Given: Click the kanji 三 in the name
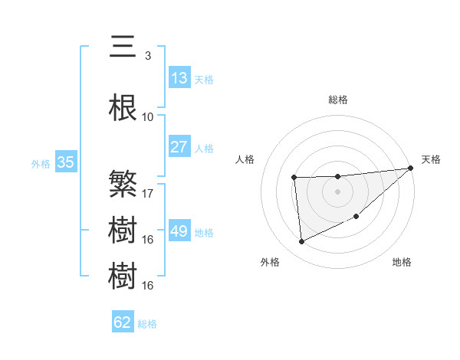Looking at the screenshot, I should point(123,47).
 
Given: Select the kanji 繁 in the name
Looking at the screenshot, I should point(123,184).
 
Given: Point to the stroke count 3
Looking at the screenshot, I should point(147,55).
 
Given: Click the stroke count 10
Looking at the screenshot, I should point(147,117).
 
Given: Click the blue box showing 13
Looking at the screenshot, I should point(179,78).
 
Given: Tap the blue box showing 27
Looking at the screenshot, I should point(179,147).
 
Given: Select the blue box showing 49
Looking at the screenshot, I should point(179,231).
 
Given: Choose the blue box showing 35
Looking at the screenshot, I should point(65,162).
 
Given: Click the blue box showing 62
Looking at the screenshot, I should point(123,322).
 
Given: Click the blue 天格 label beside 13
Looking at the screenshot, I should point(204,79).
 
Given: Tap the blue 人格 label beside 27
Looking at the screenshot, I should point(204,148).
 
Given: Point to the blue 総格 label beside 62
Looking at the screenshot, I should point(147,324).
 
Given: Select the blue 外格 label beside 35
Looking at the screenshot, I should point(41,163).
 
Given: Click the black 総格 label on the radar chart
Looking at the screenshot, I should point(338,100).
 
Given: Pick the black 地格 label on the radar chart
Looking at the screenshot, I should point(402,263).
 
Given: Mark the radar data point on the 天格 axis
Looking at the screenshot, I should point(412,168).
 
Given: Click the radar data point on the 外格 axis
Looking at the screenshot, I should point(301,242).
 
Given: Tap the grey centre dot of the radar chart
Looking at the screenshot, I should point(338,191).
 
